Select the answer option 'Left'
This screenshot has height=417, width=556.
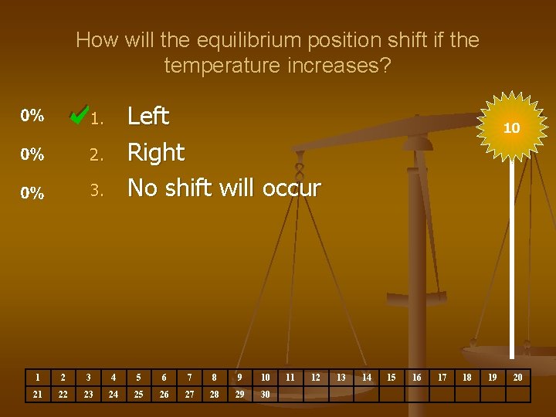147,117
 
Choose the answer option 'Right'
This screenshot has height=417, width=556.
155,152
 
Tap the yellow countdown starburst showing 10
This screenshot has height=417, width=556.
510,128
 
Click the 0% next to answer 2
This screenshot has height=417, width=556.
32,154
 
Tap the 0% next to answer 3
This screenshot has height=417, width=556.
32,193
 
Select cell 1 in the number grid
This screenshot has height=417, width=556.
38,378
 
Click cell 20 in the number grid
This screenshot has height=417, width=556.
517,378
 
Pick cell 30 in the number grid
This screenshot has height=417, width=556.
265,395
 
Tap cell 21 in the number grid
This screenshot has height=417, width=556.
38,395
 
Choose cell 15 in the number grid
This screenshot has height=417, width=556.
391,378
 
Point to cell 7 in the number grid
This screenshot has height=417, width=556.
189,378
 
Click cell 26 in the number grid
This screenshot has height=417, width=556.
164,395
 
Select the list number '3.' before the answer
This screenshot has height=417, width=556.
96,191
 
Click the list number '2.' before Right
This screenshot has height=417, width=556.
96,155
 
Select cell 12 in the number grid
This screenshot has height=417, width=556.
315,378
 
